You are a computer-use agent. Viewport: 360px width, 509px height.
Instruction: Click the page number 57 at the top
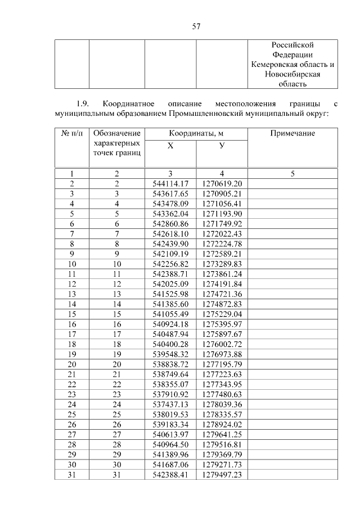pyautogui.click(x=180, y=26)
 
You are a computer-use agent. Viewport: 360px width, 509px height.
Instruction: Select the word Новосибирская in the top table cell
pyautogui.click(x=292, y=74)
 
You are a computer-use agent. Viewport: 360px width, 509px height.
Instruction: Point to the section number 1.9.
pyautogui.click(x=83, y=104)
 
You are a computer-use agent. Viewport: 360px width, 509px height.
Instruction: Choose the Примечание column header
pyautogui.click(x=292, y=134)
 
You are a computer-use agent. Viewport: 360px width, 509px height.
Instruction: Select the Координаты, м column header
pyautogui.click(x=196, y=134)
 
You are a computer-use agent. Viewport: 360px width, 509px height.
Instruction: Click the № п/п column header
pyautogui.click(x=71, y=134)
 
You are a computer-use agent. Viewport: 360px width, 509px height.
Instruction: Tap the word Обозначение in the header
pyautogui.click(x=117, y=134)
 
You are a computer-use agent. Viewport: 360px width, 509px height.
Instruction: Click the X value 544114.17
pyautogui.click(x=170, y=184)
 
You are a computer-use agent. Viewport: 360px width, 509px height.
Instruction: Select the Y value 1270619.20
pyautogui.click(x=222, y=184)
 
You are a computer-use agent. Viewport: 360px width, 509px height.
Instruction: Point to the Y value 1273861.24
pyautogui.click(x=222, y=273)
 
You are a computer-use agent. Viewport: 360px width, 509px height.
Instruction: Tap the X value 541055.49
pyautogui.click(x=170, y=314)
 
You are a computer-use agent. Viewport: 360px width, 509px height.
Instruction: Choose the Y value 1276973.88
pyautogui.click(x=222, y=354)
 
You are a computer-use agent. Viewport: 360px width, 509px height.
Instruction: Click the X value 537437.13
pyautogui.click(x=170, y=404)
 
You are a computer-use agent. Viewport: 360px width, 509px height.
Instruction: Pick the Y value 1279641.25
pyautogui.click(x=222, y=434)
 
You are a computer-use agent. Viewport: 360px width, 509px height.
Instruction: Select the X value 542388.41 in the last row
pyautogui.click(x=170, y=475)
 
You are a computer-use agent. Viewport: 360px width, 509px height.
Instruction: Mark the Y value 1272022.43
pyautogui.click(x=222, y=233)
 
